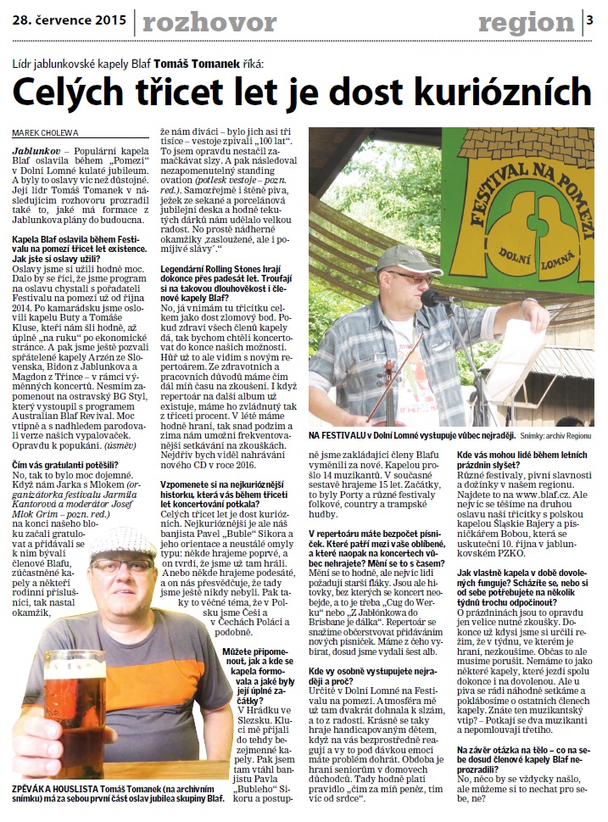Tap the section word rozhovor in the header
point(202,20)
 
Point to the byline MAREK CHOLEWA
point(44,131)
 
